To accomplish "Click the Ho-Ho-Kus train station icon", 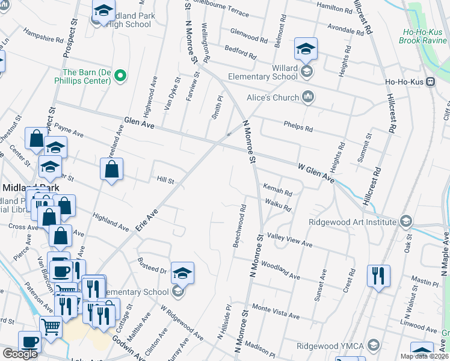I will pos(431,82).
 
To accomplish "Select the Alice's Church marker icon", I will pos(308,97).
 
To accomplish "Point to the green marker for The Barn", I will pos(120,75).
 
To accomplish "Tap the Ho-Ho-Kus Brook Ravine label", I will pos(424,35).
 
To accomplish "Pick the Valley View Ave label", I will pos(290,241).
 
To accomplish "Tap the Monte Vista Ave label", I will pos(276,312).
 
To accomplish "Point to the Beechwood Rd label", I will pos(239,226).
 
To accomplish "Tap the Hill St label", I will pos(165,180).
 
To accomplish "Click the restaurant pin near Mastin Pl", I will pos(378,276).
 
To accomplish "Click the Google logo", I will pos(20,354).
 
